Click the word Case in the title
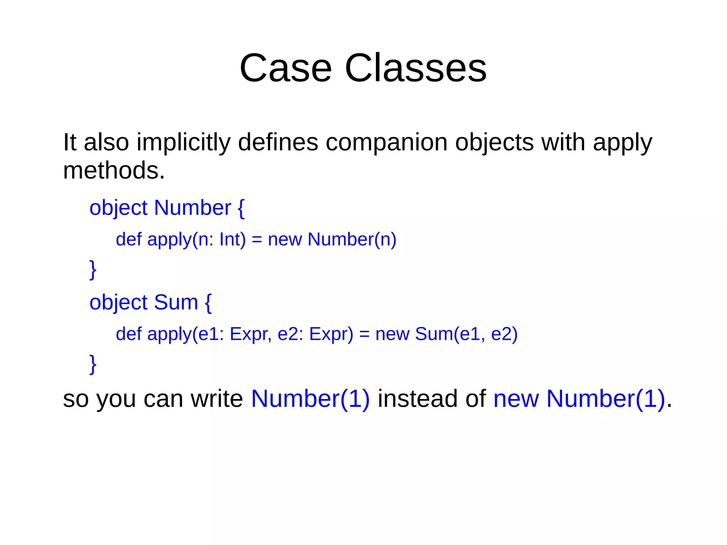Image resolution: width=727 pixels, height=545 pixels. click(x=285, y=68)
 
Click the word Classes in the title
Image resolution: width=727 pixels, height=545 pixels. click(x=415, y=68)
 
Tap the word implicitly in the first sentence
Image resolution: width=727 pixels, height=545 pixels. click(x=184, y=143)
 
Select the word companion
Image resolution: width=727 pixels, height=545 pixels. click(x=387, y=143)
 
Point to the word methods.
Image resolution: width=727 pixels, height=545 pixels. click(x=114, y=170)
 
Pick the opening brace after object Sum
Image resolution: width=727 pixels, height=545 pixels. click(x=208, y=303)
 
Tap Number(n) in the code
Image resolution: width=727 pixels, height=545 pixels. click(x=352, y=239)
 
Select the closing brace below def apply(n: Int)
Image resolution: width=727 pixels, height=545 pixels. click(x=93, y=270)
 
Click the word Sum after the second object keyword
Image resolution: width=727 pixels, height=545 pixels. click(x=176, y=303)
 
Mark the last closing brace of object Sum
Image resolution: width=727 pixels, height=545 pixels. click(x=93, y=364)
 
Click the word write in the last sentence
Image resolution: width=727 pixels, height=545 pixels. click(x=217, y=399)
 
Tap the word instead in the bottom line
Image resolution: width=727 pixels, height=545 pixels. click(x=417, y=399)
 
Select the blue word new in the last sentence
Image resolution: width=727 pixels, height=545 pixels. click(x=516, y=399)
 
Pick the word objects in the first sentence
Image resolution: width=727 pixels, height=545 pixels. click(x=494, y=143)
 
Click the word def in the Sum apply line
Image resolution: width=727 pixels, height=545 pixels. click(x=129, y=334)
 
